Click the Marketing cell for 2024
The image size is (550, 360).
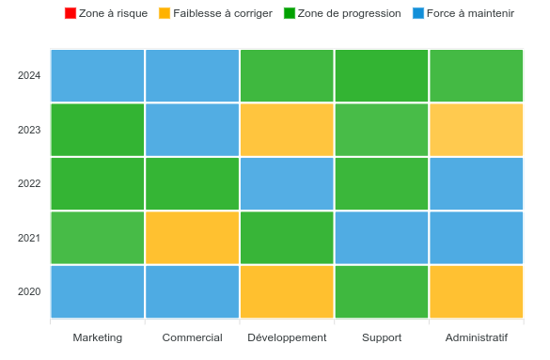tap(97, 75)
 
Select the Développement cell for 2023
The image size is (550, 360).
tap(287, 130)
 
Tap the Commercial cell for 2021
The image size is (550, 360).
tap(192, 238)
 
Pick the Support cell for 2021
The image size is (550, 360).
tap(382, 238)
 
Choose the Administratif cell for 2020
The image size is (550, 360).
tap(476, 291)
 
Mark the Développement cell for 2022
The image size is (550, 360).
tap(287, 183)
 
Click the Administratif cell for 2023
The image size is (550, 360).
tap(476, 130)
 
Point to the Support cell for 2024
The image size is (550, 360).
tap(382, 75)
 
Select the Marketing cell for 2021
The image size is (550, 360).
tap(97, 238)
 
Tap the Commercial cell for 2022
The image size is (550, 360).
tap(192, 183)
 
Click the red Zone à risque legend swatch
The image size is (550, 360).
tap(71, 13)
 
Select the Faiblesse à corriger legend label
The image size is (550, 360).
tap(223, 13)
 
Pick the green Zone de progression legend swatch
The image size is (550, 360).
tap(290, 13)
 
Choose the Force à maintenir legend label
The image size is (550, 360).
tap(470, 13)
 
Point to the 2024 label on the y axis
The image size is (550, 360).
tap(29, 75)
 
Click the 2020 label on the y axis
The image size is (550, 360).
tap(29, 291)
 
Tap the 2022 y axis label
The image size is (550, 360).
tap(29, 183)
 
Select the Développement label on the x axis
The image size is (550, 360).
tap(287, 337)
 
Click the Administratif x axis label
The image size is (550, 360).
tap(476, 337)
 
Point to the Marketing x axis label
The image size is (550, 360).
tap(97, 337)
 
